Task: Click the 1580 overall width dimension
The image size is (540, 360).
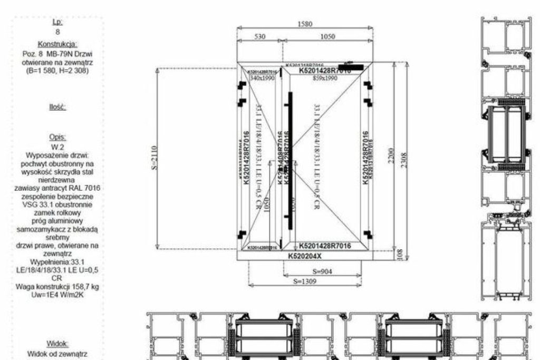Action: [304, 24]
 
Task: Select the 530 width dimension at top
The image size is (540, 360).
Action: [259, 36]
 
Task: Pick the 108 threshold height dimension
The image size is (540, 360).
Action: [399, 255]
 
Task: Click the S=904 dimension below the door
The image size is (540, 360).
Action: [323, 271]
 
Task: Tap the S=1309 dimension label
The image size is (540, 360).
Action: [305, 281]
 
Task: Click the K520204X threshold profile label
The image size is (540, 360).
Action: [304, 256]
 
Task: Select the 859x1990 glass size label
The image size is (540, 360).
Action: [325, 77]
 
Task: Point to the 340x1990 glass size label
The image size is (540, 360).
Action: [262, 77]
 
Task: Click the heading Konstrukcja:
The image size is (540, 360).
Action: [57, 44]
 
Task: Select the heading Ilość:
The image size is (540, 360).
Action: [57, 106]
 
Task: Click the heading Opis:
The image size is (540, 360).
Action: [57, 137]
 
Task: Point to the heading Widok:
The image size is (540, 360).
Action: [57, 343]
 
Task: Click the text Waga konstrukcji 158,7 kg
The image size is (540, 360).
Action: [57, 286]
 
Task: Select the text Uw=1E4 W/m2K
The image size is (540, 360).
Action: [57, 294]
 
